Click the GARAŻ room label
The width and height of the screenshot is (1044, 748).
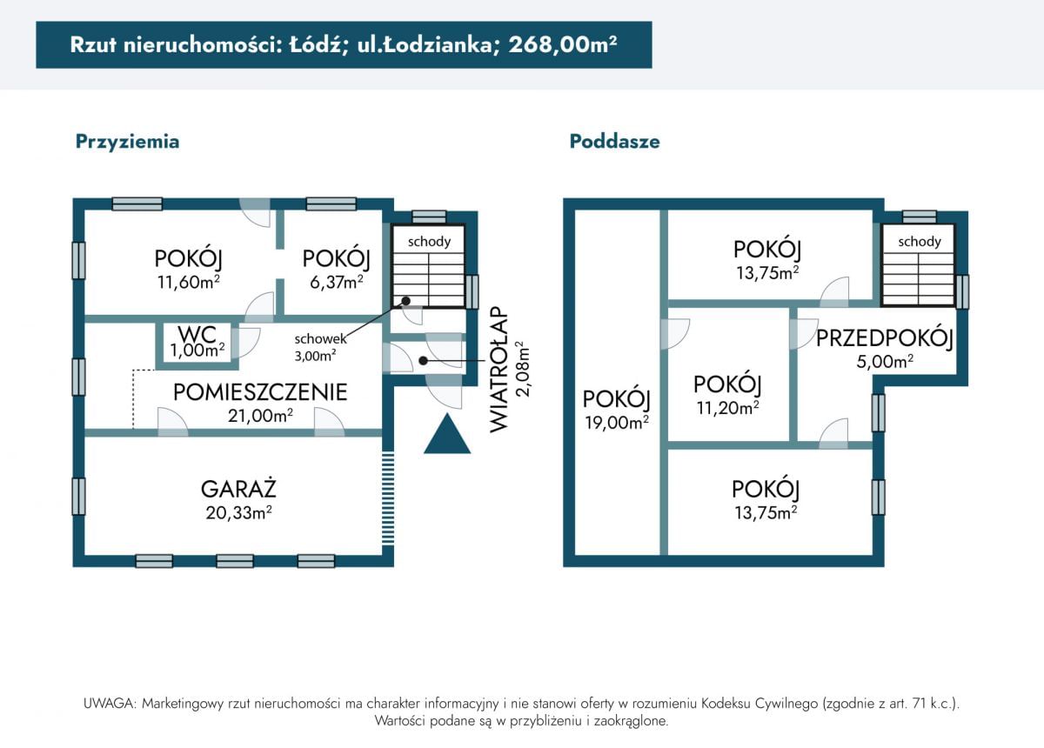[238, 489]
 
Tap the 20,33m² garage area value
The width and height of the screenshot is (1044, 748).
[238, 512]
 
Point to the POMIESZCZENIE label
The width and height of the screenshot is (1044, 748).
[260, 392]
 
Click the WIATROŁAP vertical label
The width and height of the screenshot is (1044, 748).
[499, 369]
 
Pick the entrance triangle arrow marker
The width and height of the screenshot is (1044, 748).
[447, 433]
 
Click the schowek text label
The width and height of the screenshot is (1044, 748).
[321, 339]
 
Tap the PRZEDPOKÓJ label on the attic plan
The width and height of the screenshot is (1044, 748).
[884, 337]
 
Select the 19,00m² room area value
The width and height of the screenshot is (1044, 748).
[617, 422]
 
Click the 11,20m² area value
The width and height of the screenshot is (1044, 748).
[728, 408]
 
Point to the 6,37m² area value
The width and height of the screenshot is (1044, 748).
[337, 282]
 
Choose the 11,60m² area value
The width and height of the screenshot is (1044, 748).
[189, 282]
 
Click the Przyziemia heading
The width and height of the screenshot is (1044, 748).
[127, 142]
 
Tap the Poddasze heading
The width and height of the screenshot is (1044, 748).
[615, 141]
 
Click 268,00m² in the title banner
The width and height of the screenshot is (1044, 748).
[563, 44]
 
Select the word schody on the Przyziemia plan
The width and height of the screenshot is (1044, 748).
[429, 242]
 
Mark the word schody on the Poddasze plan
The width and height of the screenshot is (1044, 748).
[920, 242]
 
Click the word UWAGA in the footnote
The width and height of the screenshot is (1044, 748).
[109, 704]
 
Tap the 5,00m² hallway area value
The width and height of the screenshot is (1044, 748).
[885, 361]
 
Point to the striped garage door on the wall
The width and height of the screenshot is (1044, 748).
[388, 498]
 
